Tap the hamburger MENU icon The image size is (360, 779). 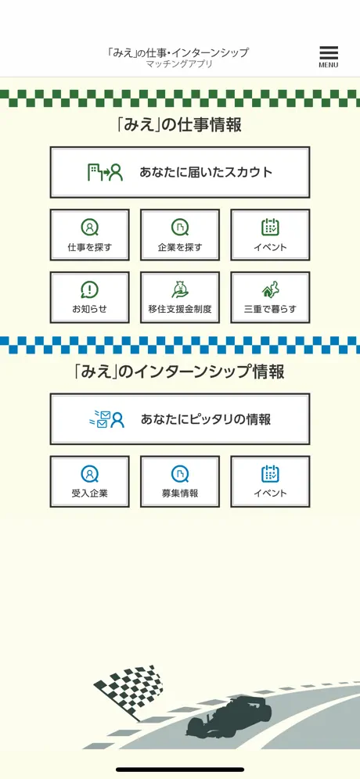click(x=328, y=56)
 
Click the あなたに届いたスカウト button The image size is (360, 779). click(x=179, y=172)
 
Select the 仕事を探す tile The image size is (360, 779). click(x=89, y=235)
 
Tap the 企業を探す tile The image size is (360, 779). click(x=179, y=235)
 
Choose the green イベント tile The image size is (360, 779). click(x=270, y=235)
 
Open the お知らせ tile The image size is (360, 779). click(x=89, y=297)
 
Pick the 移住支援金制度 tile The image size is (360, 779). click(x=179, y=297)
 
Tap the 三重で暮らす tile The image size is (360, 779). click(x=270, y=297)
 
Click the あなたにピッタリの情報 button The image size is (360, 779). click(x=179, y=418)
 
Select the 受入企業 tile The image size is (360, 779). click(x=89, y=482)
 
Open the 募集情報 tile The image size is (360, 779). click(x=179, y=482)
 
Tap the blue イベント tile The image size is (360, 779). click(x=270, y=482)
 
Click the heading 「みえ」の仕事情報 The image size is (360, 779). click(x=179, y=124)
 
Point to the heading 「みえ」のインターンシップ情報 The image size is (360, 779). click(x=179, y=372)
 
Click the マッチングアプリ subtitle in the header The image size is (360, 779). click(x=179, y=64)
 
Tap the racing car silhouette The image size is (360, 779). click(x=229, y=717)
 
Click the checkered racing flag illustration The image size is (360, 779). click(x=128, y=690)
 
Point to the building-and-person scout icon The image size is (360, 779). click(x=105, y=172)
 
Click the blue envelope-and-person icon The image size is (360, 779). click(x=106, y=419)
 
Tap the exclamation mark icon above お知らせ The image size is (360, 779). click(x=89, y=289)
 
